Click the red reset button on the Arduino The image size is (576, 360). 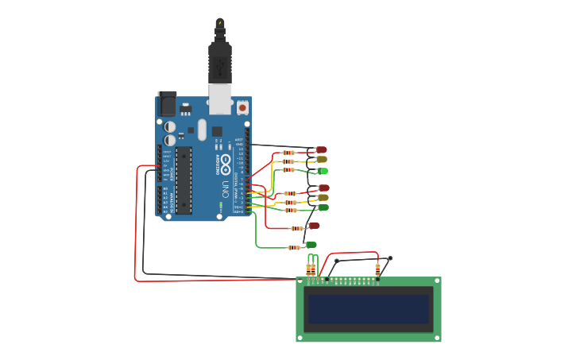click(242, 106)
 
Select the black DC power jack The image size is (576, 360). click(167, 104)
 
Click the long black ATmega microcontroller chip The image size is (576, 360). click(184, 180)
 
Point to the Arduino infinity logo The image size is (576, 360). click(226, 165)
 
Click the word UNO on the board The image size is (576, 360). click(226, 190)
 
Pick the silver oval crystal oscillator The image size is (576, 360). click(202, 130)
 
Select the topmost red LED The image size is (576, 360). click(321, 149)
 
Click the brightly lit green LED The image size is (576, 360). click(323, 171)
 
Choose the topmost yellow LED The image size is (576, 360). click(321, 160)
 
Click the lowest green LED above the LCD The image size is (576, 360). click(311, 245)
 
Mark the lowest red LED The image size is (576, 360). click(314, 226)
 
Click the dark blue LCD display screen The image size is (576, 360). click(369, 309)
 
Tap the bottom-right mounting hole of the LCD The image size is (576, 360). click(436, 337)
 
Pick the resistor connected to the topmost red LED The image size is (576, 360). click(288, 153)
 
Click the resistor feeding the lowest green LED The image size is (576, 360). click(294, 247)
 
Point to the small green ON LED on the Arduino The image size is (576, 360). click(221, 206)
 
